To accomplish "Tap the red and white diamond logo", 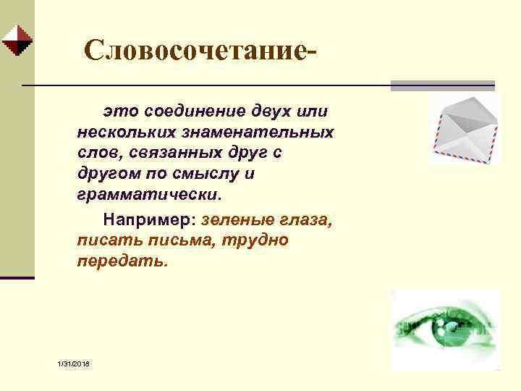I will (16, 41).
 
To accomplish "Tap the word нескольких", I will (122, 133).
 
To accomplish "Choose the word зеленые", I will (234, 219).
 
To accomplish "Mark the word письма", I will (169, 240).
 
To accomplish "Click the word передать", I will (122, 261).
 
